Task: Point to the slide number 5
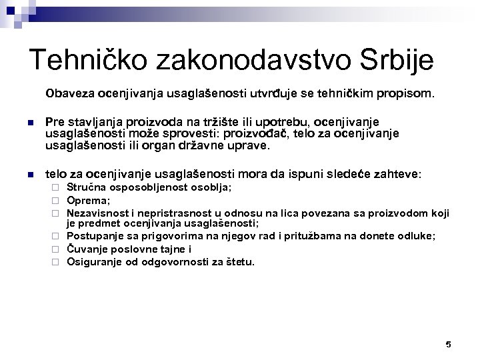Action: pos(448,344)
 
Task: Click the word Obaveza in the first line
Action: pos(66,94)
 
